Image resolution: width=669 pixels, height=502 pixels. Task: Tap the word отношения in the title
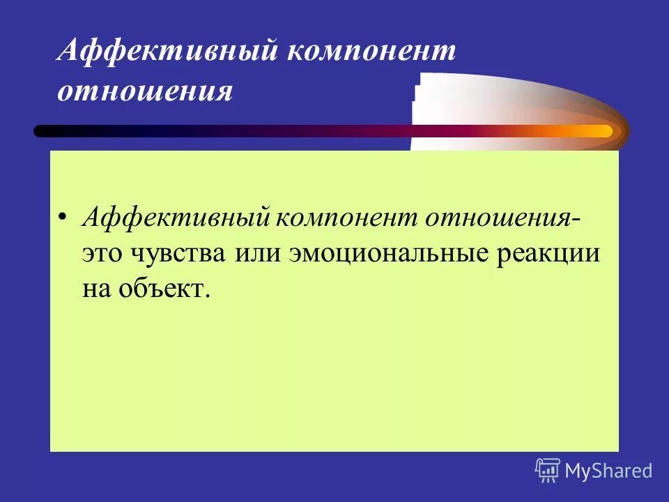click(x=144, y=91)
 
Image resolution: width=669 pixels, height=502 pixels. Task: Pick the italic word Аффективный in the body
click(x=176, y=218)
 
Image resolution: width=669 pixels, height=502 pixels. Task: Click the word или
click(x=261, y=252)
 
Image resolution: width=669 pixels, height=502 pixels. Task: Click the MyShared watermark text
click(x=608, y=471)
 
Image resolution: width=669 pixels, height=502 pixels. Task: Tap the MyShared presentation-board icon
click(x=548, y=471)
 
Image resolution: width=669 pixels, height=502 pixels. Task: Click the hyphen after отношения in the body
click(x=580, y=219)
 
